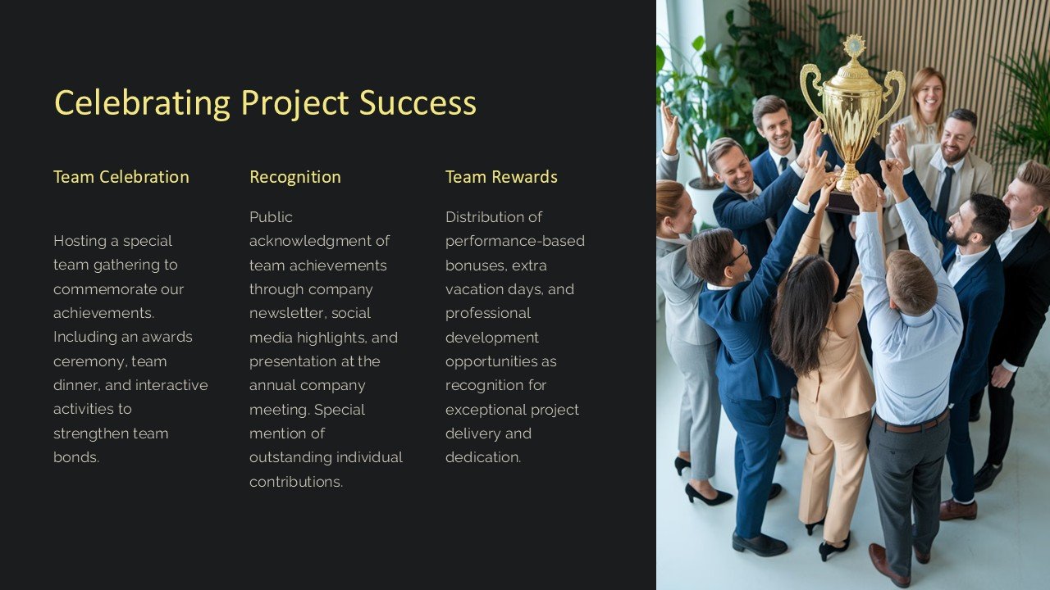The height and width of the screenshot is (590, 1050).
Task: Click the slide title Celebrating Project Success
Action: tap(265, 103)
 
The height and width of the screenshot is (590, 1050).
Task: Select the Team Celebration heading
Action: tap(121, 177)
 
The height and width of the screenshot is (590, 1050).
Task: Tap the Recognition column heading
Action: tap(294, 177)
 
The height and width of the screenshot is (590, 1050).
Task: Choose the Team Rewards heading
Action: tap(501, 177)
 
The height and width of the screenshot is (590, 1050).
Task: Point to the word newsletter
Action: tap(290, 313)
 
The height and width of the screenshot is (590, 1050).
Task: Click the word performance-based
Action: tap(514, 241)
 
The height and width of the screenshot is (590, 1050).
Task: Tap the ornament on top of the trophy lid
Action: tap(854, 45)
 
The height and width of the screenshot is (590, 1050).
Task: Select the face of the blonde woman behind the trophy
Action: tap(928, 96)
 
